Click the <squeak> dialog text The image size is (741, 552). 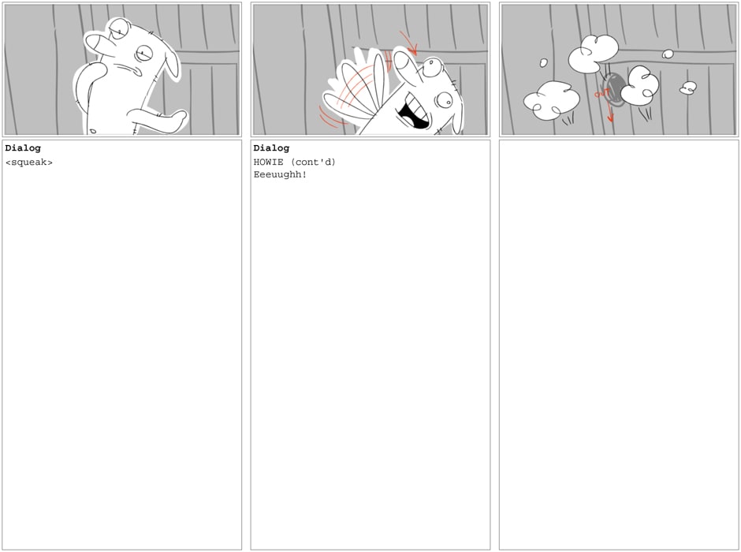(29, 162)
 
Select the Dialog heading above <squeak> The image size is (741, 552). (23, 148)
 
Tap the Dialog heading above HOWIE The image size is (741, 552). (271, 148)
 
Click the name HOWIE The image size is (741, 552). (269, 162)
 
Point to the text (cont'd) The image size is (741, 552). (313, 162)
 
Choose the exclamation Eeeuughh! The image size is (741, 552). (280, 174)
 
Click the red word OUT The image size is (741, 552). (601, 94)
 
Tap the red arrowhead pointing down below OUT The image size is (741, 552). (610, 118)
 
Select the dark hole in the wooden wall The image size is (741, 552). (615, 88)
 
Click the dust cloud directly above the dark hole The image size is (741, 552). (593, 53)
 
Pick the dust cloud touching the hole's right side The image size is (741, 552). (639, 85)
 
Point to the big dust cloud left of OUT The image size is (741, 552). (552, 99)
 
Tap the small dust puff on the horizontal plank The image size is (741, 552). (668, 54)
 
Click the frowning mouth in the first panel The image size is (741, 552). (128, 69)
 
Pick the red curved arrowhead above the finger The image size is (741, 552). (413, 50)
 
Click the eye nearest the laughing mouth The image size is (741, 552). (445, 99)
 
